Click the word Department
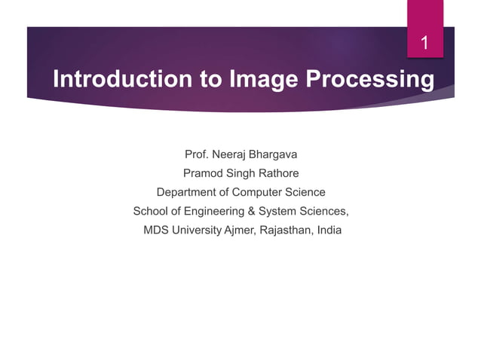(x=187, y=192)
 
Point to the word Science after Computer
(x=307, y=192)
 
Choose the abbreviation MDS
(x=157, y=230)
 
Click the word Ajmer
(x=239, y=230)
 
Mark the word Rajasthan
(x=286, y=230)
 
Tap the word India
(x=329, y=230)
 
